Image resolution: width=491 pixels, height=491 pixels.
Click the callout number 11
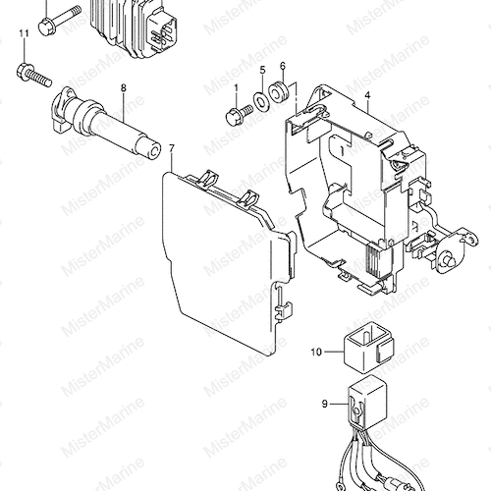point(24,33)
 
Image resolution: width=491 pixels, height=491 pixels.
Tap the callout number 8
point(124,87)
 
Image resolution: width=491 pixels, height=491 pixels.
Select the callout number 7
point(172,149)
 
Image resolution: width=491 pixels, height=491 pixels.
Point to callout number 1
point(236,87)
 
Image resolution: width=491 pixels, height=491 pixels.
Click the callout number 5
point(263,70)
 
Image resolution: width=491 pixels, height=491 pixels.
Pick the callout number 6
point(283,66)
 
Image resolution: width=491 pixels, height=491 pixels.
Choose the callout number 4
point(367,95)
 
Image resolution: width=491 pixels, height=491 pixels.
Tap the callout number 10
point(316,353)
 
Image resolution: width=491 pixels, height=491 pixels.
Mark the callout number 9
point(324,404)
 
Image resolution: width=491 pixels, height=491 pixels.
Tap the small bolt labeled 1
point(240,114)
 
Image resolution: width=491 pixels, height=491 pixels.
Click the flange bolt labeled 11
point(33,75)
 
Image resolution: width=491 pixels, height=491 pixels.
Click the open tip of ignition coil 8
point(154,151)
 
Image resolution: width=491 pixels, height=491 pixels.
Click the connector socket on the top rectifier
point(162,29)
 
